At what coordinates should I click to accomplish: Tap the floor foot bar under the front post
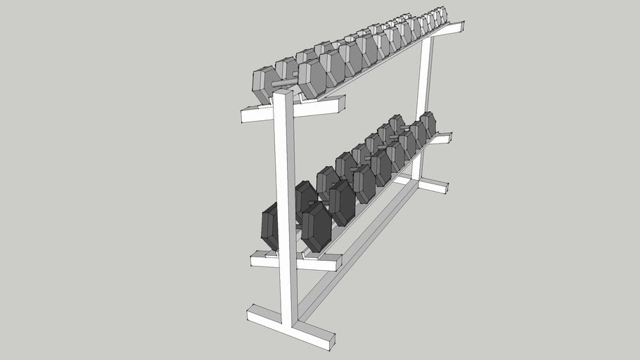pos(290,327)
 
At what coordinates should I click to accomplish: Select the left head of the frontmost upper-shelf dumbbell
pos(264,85)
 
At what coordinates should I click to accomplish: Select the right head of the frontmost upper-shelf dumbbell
pos(312,79)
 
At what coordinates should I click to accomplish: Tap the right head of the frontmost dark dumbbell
pos(316,227)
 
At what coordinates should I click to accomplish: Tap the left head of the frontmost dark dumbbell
pos(269,225)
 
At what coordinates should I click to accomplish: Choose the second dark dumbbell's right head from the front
pos(342,202)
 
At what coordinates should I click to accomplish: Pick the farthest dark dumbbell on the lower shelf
pos(428,124)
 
